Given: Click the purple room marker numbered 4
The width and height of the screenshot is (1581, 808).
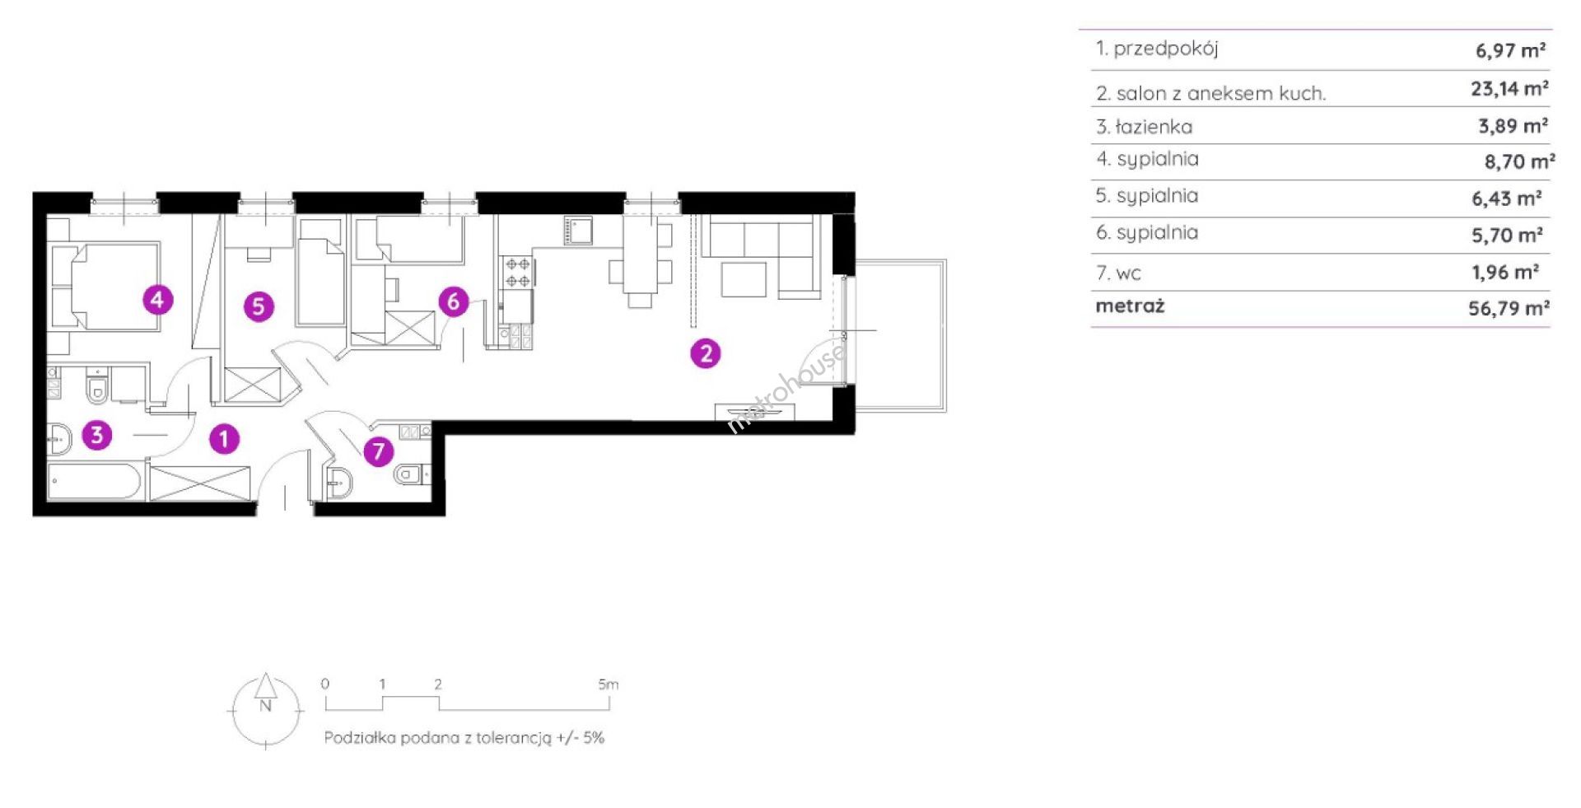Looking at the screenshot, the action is click(x=157, y=299).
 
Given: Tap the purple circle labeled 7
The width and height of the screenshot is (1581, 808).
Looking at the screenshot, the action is click(x=378, y=451).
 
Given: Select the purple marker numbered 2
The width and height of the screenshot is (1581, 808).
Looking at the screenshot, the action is click(x=706, y=353).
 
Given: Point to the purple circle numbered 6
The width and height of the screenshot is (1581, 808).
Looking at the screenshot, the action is click(x=453, y=301).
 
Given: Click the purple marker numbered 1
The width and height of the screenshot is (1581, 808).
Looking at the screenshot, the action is click(x=224, y=439).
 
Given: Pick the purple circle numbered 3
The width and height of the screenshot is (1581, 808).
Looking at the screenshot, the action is click(x=97, y=434).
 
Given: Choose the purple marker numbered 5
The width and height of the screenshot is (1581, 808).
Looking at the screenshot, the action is click(x=259, y=307).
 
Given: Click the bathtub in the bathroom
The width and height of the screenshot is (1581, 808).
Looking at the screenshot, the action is click(x=94, y=481).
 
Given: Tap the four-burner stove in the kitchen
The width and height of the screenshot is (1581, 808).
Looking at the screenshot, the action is click(x=518, y=273).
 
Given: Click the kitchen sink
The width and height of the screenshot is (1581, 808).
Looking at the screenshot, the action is click(x=578, y=231).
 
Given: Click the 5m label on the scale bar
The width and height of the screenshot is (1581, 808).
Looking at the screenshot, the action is click(x=609, y=684).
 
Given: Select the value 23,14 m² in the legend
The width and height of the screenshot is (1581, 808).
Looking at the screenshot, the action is click(x=1509, y=88).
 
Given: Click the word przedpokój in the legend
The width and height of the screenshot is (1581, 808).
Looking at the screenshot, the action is click(x=1165, y=49).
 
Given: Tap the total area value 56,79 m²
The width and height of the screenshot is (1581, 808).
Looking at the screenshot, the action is click(x=1509, y=308).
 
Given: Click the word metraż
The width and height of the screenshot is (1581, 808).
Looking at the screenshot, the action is click(x=1130, y=306).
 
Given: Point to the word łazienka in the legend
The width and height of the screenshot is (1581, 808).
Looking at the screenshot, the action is click(x=1154, y=127).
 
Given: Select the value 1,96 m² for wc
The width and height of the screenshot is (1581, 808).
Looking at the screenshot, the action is click(x=1505, y=272).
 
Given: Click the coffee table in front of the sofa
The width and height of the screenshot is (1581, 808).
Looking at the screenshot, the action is click(x=744, y=278).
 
